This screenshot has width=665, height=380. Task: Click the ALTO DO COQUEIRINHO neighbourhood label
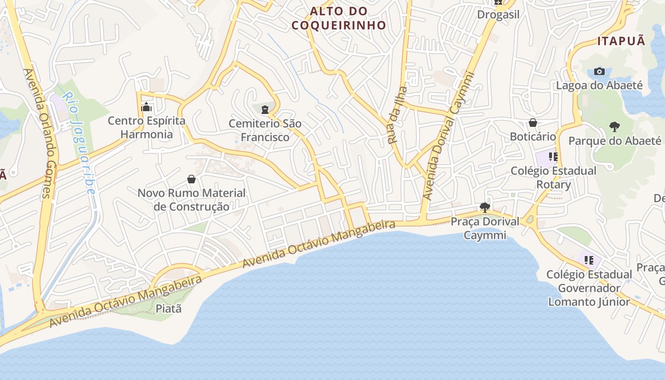click(x=339, y=18)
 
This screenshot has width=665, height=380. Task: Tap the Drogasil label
click(x=498, y=14)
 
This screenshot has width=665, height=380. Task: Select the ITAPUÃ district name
click(x=621, y=41)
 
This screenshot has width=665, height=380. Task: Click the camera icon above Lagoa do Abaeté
click(x=599, y=71)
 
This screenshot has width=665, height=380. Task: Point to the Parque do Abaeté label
click(x=615, y=141)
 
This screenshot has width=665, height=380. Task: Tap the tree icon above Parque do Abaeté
click(x=614, y=126)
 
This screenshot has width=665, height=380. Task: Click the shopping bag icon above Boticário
click(x=533, y=123)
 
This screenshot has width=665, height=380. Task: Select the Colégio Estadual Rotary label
click(x=553, y=178)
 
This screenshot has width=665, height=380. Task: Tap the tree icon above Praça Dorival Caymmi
click(x=484, y=207)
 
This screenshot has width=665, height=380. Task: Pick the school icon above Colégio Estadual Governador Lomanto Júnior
click(x=589, y=260)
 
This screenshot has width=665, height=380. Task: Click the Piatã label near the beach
click(x=169, y=309)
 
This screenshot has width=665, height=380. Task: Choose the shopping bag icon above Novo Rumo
click(x=191, y=179)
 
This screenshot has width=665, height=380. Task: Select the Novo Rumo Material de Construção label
click(x=191, y=200)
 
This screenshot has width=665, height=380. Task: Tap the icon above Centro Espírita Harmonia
click(x=146, y=106)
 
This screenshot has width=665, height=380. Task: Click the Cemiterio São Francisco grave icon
click(x=265, y=110)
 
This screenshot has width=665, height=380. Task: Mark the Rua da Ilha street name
click(x=398, y=115)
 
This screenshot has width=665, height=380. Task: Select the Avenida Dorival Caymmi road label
click(x=448, y=135)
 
